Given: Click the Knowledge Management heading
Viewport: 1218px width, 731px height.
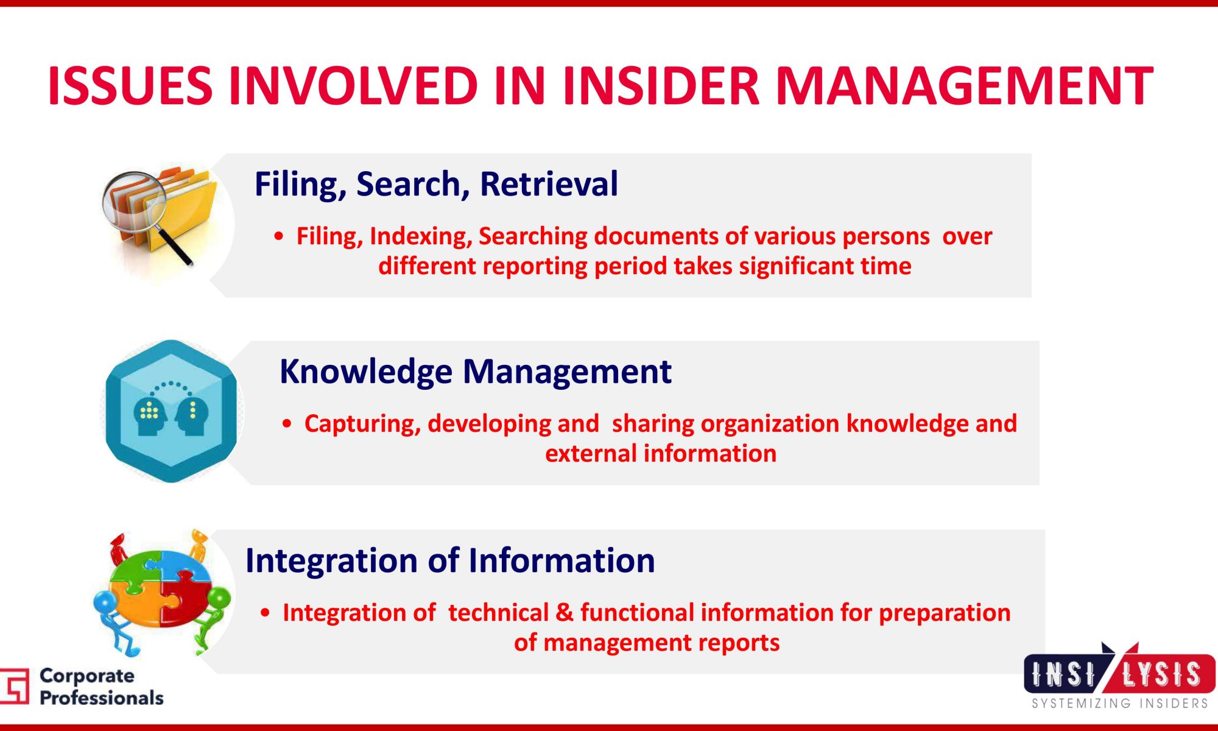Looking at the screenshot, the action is click(x=476, y=372).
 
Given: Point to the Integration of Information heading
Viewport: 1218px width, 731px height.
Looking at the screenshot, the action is click(x=450, y=560).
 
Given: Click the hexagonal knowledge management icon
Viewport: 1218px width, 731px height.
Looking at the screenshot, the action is click(x=172, y=411).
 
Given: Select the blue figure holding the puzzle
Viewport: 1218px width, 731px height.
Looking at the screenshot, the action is click(x=114, y=621).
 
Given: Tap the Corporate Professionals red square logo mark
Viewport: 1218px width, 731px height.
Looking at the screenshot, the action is click(x=15, y=686).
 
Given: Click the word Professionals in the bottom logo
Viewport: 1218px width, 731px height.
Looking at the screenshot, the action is click(x=102, y=698).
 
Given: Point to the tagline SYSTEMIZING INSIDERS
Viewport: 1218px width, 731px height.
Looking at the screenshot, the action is click(x=1120, y=704).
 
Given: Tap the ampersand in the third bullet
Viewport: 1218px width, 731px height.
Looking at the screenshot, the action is click(x=565, y=613).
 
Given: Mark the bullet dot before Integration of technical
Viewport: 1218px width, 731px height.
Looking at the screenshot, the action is click(x=265, y=613).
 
